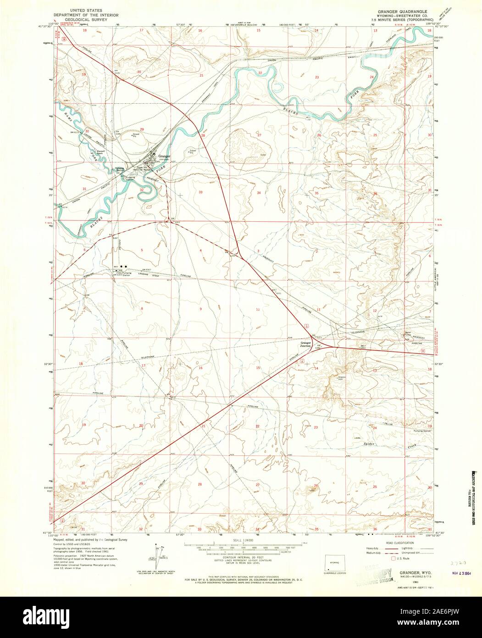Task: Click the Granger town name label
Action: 164,157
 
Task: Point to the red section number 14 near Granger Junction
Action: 316,369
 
